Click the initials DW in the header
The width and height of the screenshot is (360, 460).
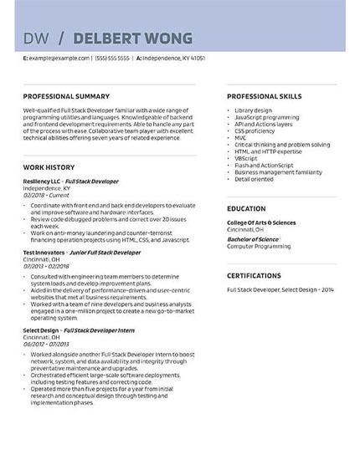(x=36, y=38)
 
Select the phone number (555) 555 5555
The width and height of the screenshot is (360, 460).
(x=112, y=59)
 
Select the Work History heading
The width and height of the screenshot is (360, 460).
(x=49, y=167)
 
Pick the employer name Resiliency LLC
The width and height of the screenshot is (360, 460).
(x=42, y=181)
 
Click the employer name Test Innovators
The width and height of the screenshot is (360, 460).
(x=41, y=252)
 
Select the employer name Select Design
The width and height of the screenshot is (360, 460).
(x=39, y=330)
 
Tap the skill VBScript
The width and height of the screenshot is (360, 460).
(x=246, y=157)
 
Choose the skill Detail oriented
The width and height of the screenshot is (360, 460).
(x=254, y=178)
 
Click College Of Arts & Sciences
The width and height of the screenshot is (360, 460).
(x=261, y=222)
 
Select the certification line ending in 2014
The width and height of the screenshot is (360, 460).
(x=280, y=289)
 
